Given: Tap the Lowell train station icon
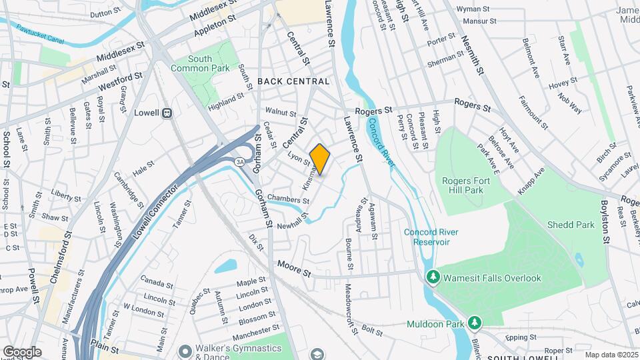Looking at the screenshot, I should point(167,113).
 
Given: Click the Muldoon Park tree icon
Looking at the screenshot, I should point(474,323).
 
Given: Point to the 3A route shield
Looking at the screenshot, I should point(239,161).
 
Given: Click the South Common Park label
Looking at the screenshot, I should point(200,63).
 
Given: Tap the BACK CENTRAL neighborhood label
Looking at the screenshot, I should point(293,81).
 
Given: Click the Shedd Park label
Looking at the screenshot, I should point(571,225).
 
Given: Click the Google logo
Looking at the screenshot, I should point(22,351).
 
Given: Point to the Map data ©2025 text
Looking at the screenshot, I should point(609,355).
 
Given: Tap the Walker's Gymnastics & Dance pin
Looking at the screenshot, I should point(185,350).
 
